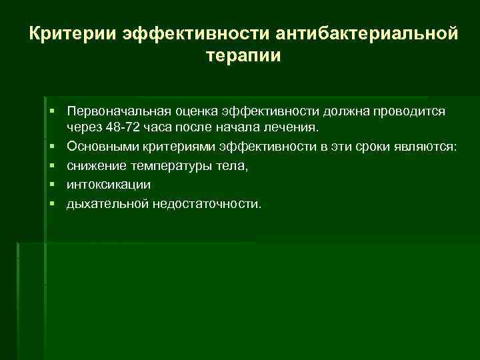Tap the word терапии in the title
244,56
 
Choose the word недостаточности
207,203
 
